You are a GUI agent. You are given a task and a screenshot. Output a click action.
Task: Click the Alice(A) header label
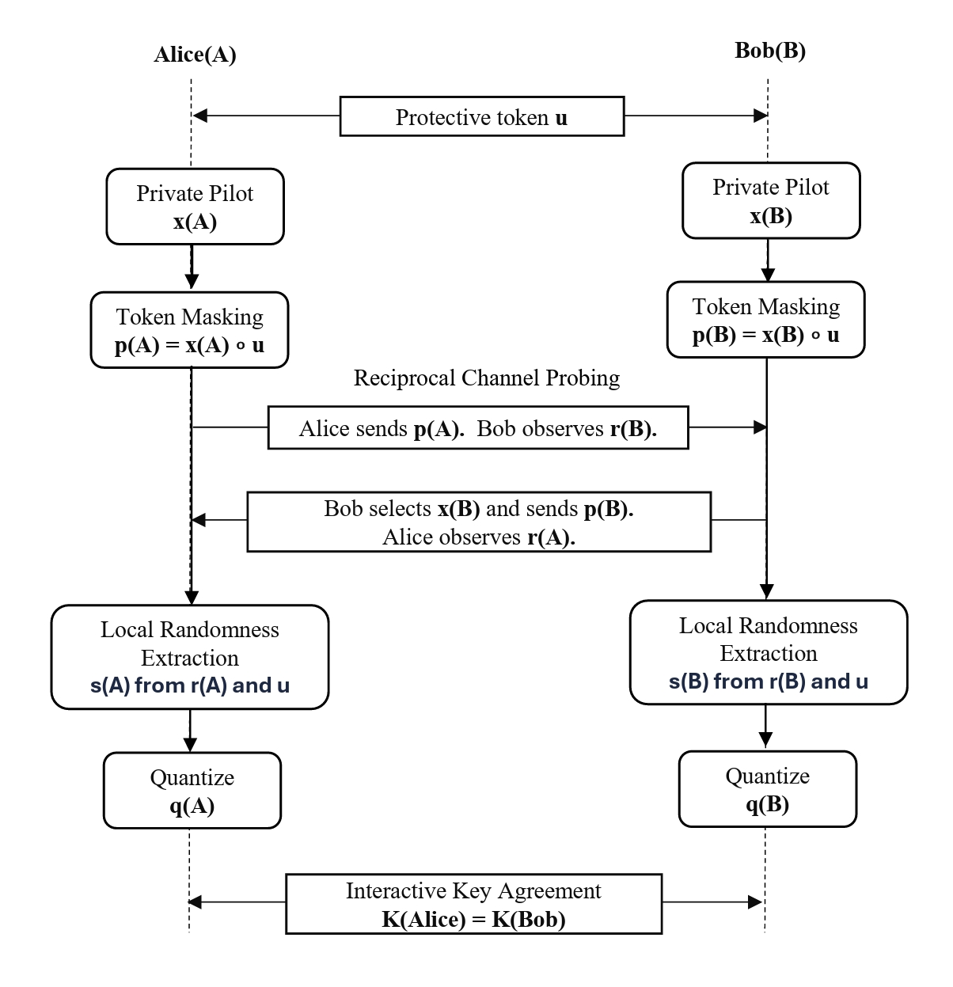tap(195, 55)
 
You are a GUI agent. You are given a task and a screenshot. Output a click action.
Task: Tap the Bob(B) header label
tap(770, 51)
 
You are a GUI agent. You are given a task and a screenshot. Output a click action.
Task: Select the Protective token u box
tap(482, 116)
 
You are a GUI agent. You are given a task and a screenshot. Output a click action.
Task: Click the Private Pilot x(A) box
tap(195, 207)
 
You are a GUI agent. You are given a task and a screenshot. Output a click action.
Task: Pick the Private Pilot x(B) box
tap(771, 200)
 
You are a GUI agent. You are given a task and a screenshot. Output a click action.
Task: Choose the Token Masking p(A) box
tap(189, 330)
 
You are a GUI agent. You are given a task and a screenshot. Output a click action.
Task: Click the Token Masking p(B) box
tap(766, 320)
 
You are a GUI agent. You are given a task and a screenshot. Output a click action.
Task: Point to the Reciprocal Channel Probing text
tap(486, 378)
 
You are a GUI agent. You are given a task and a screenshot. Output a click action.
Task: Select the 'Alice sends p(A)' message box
tap(478, 427)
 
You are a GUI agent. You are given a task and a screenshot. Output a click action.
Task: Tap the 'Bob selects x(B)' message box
tap(479, 522)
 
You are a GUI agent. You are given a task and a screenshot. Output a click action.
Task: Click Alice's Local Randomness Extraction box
tap(190, 657)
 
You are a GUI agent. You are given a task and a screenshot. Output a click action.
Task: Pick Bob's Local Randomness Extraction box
tap(769, 652)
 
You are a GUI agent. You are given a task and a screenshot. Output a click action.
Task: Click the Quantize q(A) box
tap(192, 790)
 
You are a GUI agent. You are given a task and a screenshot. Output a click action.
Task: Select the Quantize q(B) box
tap(767, 789)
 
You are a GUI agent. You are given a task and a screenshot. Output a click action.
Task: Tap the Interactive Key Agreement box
tap(473, 904)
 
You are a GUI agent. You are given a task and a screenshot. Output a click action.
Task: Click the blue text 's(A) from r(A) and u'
tap(190, 685)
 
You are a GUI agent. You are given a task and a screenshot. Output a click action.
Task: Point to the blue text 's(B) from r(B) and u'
tap(769, 681)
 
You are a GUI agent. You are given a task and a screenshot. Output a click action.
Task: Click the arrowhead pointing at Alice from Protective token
tap(199, 116)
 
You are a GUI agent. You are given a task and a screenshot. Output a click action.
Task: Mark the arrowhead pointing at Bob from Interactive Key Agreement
tap(756, 902)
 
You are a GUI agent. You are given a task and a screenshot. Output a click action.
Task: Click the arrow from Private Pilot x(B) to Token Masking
tap(768, 260)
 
